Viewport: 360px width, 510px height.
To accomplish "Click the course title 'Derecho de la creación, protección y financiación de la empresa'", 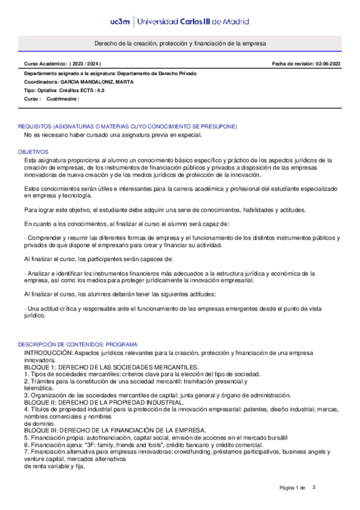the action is (180, 44).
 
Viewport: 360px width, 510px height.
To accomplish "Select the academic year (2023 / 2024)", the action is (86, 63).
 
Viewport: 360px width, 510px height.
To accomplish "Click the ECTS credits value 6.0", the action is (100, 90).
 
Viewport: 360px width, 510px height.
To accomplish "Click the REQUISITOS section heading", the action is (127, 126).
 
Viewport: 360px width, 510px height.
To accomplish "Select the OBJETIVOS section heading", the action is (32, 152).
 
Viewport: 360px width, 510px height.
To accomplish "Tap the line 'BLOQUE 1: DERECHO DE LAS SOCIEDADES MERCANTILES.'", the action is (111, 366).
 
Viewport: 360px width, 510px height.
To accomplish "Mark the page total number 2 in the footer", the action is (314, 487).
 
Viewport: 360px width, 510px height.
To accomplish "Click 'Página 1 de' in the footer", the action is (293, 488).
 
